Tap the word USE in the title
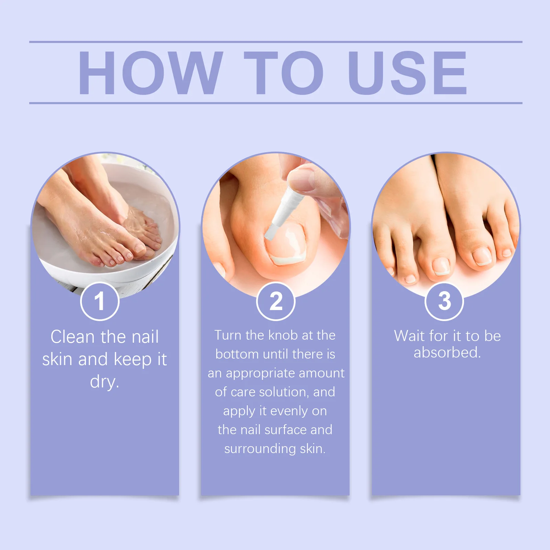407,73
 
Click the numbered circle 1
100,301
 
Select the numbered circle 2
276,301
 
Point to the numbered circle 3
444,301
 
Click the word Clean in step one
72,337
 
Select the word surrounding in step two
260,449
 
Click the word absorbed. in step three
447,352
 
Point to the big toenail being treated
285,244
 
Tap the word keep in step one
133,360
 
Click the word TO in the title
284,73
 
